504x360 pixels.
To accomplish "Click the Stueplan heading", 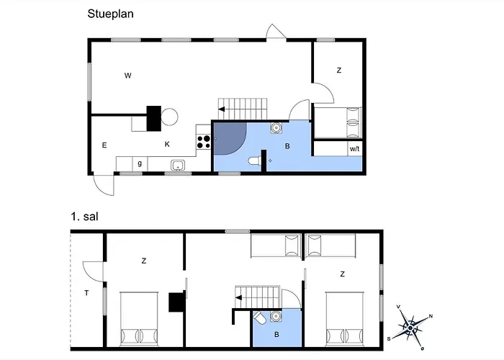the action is coord(110,14).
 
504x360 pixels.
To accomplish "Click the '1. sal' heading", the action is coord(84,217).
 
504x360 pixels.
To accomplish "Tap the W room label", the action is coord(128,76).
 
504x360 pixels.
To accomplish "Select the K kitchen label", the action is coord(167,144).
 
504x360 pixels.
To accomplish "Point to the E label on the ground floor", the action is coord(104,145).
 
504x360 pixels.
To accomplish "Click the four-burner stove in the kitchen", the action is coord(204,142).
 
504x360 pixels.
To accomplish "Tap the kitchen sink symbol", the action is coord(178,165).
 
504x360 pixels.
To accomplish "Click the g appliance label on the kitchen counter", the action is coord(140,163).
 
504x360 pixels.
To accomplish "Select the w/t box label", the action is coord(354,149).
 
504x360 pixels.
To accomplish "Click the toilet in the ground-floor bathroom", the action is coord(254,161).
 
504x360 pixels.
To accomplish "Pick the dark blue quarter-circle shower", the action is coord(228,138).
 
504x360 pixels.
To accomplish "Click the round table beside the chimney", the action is coord(169,117).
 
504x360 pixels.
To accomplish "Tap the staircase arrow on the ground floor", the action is coord(222,109).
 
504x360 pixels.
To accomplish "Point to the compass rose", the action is coord(410,328).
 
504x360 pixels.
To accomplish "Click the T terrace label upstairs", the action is coord(86,293).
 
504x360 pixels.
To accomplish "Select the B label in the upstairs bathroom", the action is coord(276,335).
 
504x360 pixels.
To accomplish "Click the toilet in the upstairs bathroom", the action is coord(259,318).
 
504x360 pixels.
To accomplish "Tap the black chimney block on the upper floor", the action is coord(176,302).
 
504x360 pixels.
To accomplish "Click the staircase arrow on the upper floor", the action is coord(238,297).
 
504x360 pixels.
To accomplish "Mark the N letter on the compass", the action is coord(431,316).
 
